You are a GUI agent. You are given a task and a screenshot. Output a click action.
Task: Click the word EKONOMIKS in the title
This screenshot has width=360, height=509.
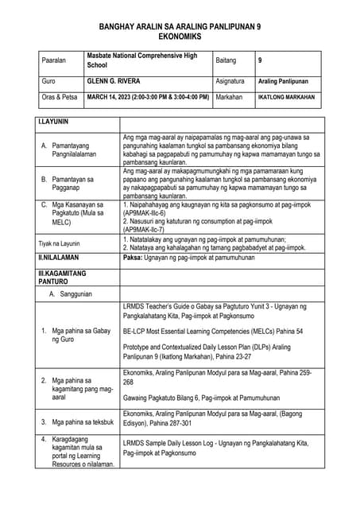click(x=180, y=37)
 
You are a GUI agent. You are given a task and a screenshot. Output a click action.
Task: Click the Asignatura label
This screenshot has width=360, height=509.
click(x=232, y=81)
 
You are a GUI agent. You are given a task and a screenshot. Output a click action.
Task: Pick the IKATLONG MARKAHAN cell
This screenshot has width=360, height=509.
click(x=286, y=97)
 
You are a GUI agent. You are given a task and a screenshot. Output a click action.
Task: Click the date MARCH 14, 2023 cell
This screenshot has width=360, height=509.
click(x=148, y=97)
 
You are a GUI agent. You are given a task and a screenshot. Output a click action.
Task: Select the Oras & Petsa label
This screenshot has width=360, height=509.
click(x=60, y=97)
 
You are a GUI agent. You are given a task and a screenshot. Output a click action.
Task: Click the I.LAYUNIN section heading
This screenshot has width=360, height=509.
click(x=54, y=123)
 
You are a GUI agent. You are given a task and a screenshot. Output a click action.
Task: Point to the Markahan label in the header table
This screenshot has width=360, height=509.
click(x=230, y=97)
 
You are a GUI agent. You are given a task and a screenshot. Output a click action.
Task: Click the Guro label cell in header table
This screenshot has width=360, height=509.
click(x=48, y=81)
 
